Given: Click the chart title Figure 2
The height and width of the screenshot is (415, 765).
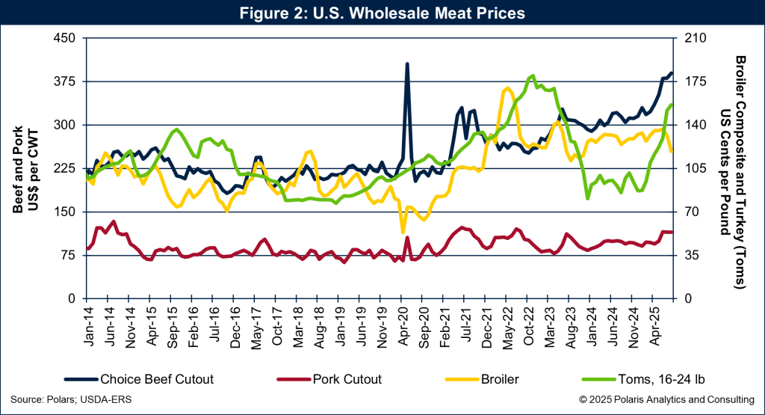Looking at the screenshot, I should (x=382, y=13).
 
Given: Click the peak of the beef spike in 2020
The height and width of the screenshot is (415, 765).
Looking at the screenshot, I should (x=407, y=64).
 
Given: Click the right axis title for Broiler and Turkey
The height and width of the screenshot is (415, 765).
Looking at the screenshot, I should (x=732, y=168).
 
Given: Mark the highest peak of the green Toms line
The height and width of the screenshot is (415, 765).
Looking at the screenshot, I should (x=532, y=76).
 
